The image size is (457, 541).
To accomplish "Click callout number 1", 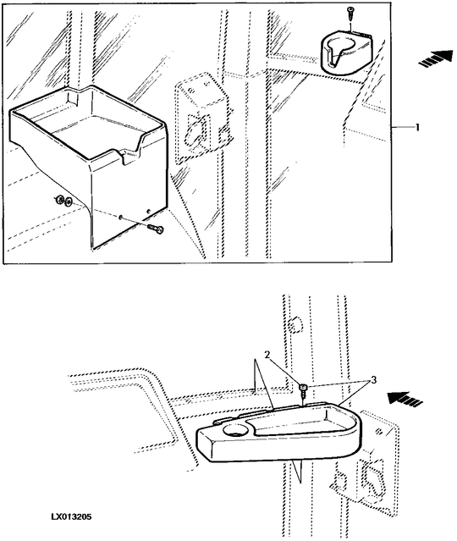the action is pyautogui.click(x=417, y=127).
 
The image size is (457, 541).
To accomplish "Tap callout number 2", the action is pyautogui.click(x=267, y=355).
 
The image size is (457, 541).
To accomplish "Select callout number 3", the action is pyautogui.click(x=372, y=380).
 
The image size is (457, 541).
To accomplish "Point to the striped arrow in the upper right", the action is pyautogui.click(x=435, y=58).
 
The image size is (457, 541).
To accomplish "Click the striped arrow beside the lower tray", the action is pyautogui.click(x=405, y=399).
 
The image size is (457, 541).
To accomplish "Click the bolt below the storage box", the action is pyautogui.click(x=155, y=228).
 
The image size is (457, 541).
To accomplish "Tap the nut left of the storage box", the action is pyautogui.click(x=59, y=199).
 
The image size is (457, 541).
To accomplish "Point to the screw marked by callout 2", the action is pyautogui.click(x=303, y=390).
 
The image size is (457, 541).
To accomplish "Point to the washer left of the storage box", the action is pyautogui.click(x=68, y=201).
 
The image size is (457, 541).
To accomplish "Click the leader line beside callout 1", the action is pyautogui.click(x=402, y=128).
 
